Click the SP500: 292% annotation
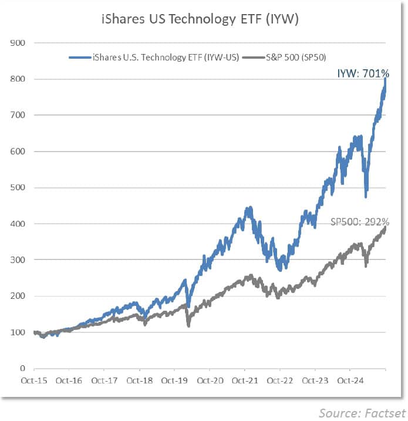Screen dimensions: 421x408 pos(359,222)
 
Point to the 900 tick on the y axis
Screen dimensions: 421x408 pos(17,43)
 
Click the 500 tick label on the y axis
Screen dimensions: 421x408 pos(17,188)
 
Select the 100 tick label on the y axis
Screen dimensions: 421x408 pos(17,332)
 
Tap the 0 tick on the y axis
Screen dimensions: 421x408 pos(22,369)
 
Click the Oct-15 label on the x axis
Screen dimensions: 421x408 pos(33,380)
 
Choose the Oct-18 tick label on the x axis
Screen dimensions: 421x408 pos(139,380)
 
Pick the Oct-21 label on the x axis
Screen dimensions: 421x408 pos(245,380)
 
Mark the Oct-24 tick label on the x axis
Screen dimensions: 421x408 pos(350,380)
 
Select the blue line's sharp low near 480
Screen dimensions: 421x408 pos(366,196)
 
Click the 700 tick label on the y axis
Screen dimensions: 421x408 pos(17,115)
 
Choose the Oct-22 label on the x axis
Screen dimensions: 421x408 pos(280,380)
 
